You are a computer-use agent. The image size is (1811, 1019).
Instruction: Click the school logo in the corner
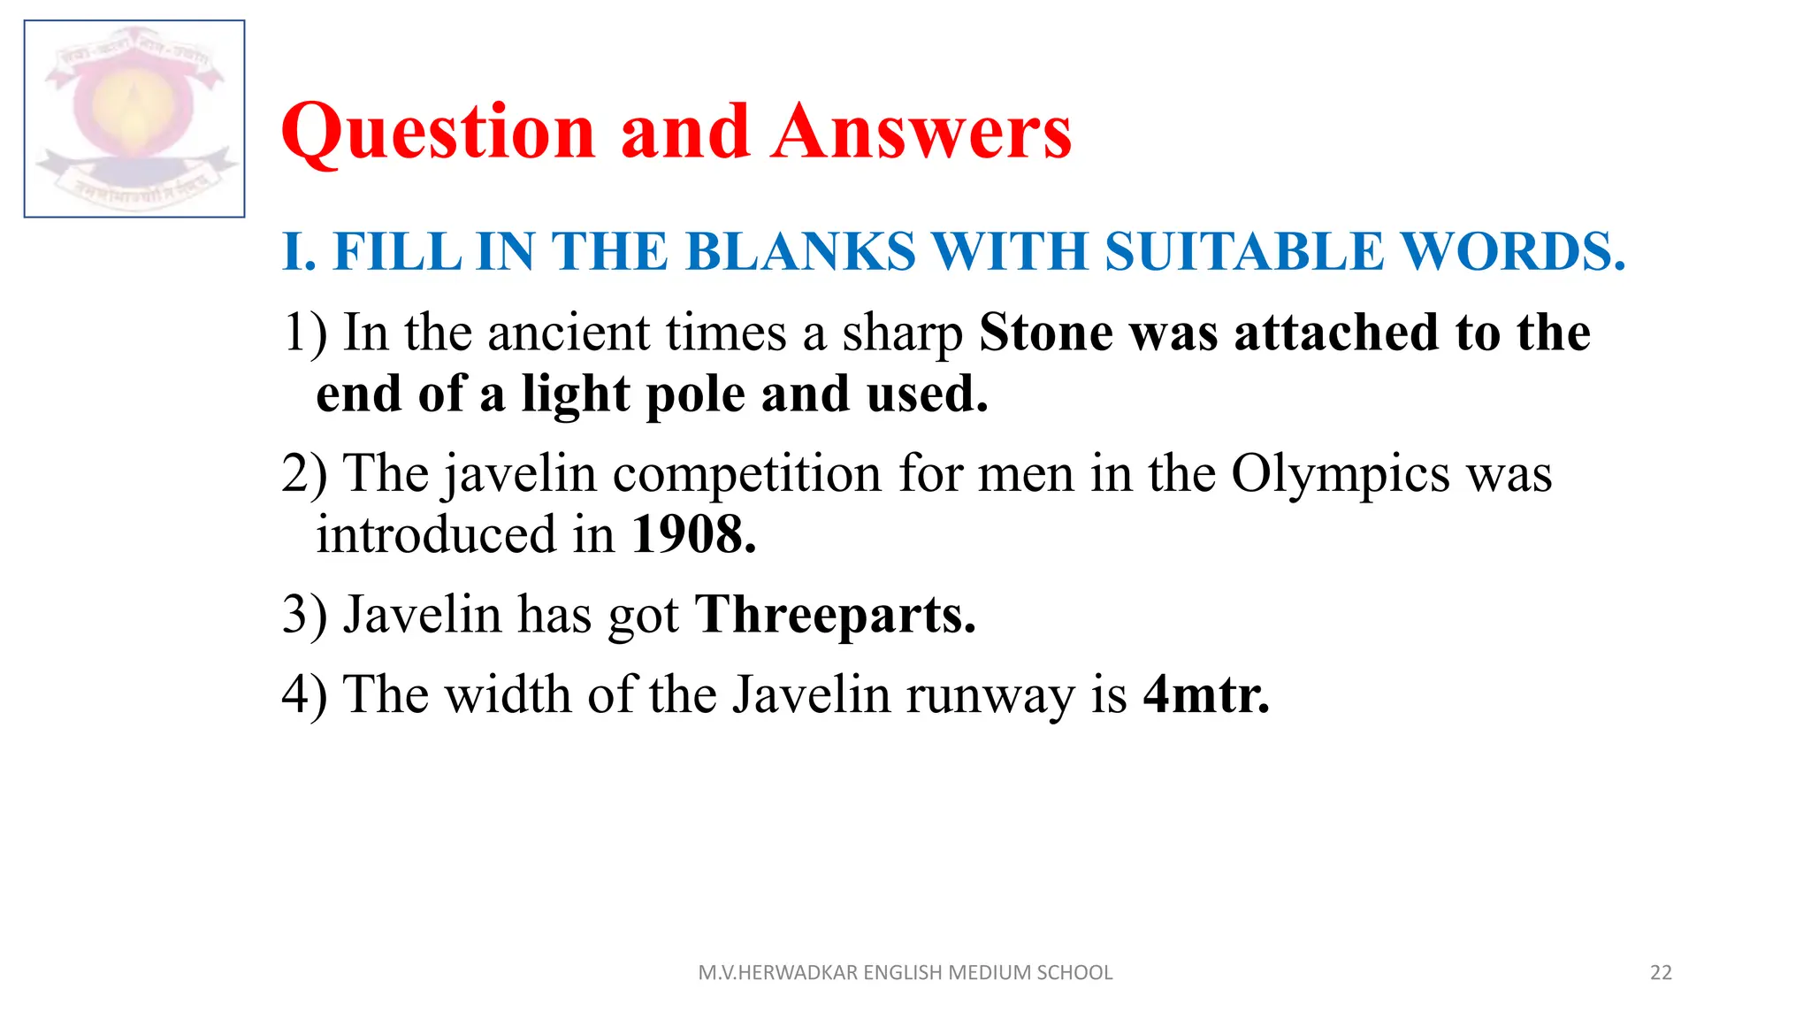point(134,119)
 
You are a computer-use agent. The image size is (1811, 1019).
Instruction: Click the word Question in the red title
point(439,133)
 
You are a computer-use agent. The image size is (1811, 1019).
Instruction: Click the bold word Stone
point(1046,333)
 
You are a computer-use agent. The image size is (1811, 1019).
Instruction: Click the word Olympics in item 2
point(1341,475)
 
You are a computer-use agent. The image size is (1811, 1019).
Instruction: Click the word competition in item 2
point(747,475)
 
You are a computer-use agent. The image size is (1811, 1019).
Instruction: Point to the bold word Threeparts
point(836,616)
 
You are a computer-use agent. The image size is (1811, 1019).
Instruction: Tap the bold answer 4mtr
point(1206,695)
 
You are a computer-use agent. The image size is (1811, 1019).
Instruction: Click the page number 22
point(1661,973)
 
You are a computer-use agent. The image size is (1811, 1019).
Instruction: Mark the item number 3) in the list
point(304,616)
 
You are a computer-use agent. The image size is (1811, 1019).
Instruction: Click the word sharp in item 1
point(902,335)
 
